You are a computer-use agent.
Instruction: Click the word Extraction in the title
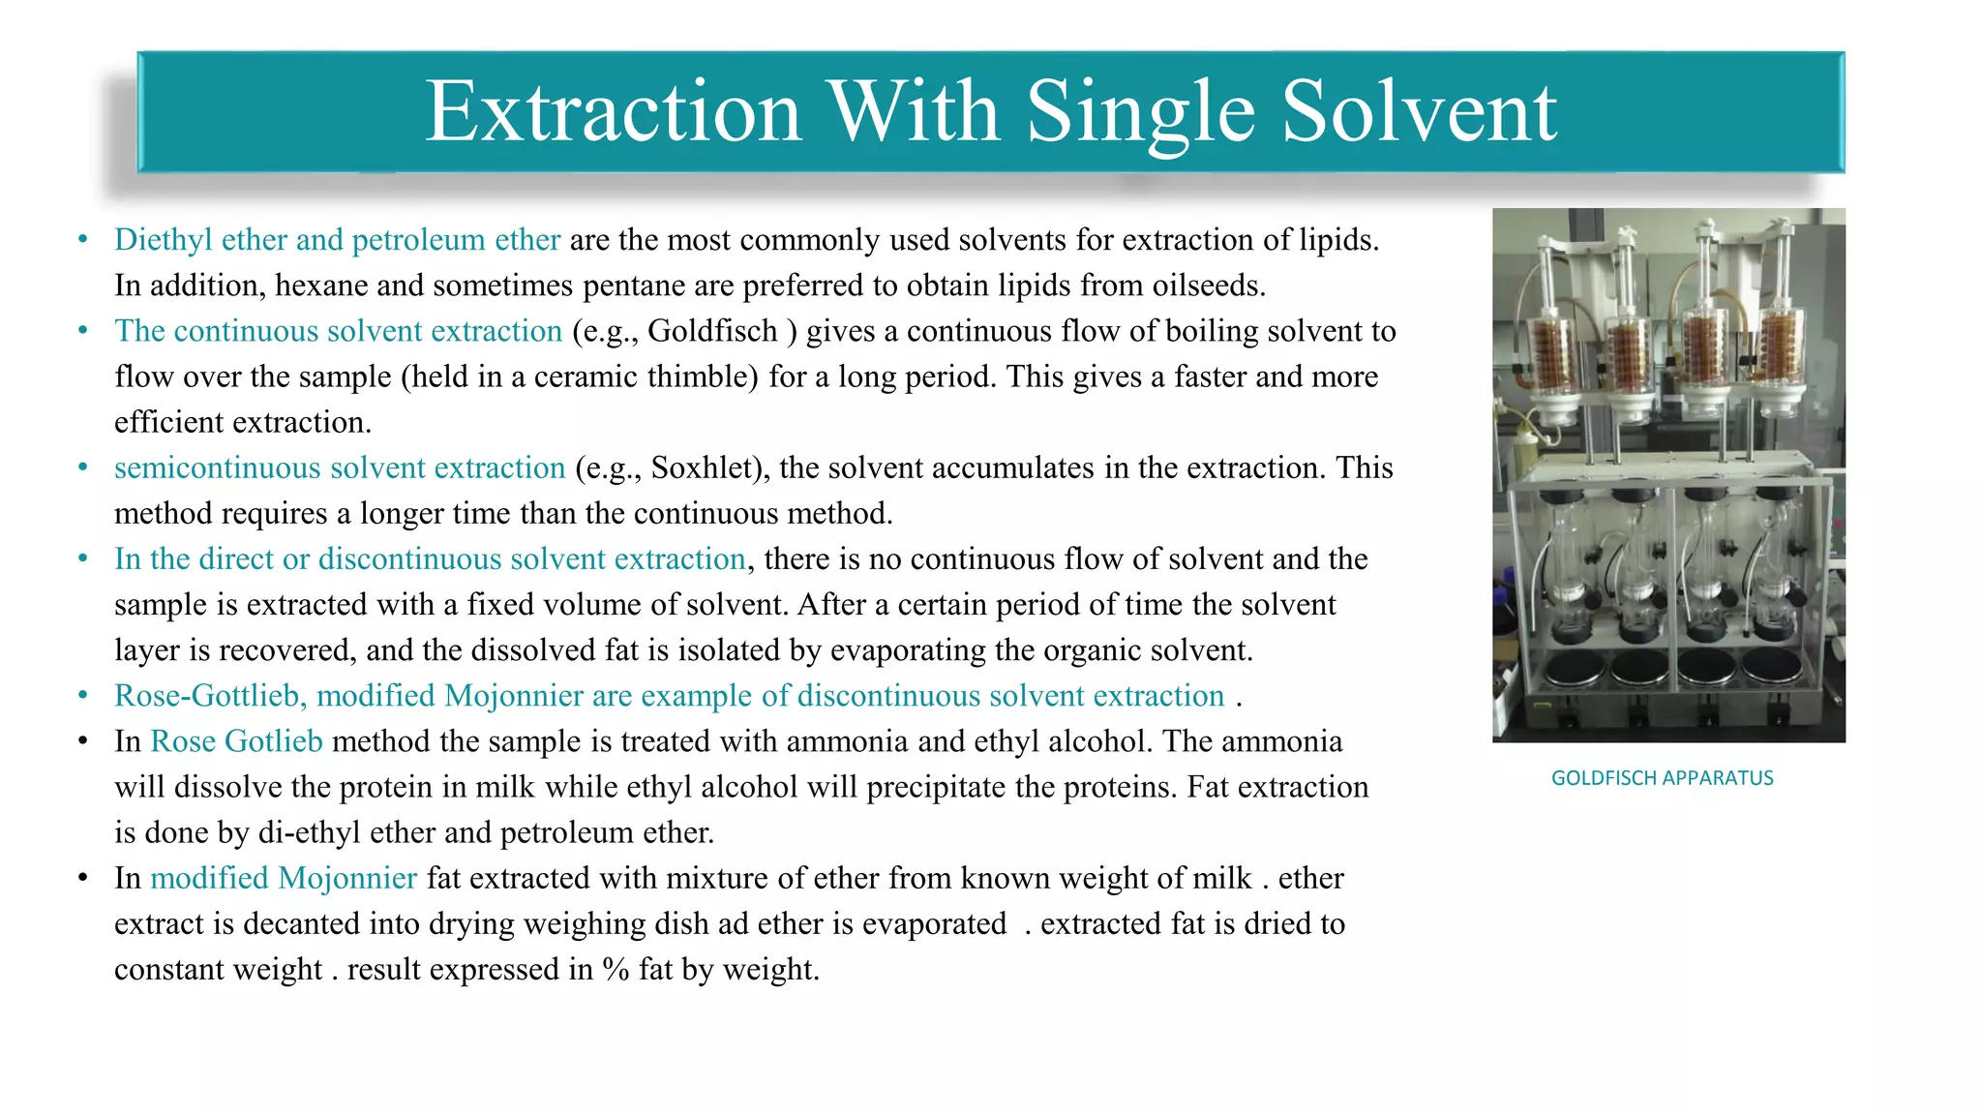(614, 111)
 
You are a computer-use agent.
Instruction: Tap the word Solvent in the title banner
(1419, 111)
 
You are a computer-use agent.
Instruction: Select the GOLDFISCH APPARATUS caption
(1662, 778)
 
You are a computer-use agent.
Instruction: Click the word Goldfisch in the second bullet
(712, 331)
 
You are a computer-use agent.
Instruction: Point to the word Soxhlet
(705, 467)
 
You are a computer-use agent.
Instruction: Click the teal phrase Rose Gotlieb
(236, 741)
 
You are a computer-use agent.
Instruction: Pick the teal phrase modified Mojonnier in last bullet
(284, 878)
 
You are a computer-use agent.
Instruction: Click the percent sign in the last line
(616, 970)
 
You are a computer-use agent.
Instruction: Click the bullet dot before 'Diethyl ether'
(83, 239)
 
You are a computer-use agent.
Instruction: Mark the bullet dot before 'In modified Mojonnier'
(83, 878)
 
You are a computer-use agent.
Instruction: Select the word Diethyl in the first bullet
(163, 240)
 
